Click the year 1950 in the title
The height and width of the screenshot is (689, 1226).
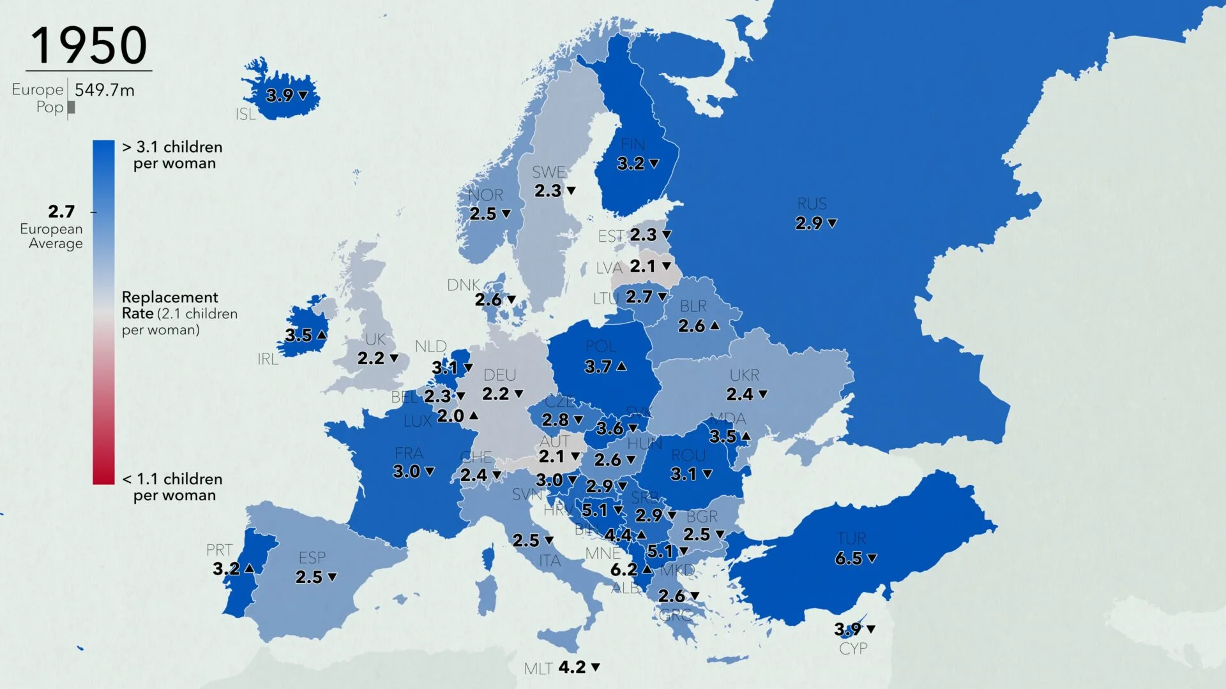click(x=89, y=45)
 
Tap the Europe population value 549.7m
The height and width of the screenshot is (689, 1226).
click(x=104, y=90)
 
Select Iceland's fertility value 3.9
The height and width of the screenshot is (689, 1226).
click(x=279, y=96)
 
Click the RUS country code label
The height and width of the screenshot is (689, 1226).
click(x=812, y=204)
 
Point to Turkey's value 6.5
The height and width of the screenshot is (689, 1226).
click(x=848, y=559)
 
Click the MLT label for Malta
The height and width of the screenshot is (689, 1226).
click(x=538, y=669)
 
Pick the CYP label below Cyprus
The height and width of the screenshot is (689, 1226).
click(x=853, y=649)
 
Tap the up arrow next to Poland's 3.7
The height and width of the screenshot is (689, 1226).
click(x=621, y=366)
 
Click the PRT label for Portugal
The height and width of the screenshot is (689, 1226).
click(x=219, y=550)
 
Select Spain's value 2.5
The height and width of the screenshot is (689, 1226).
click(x=308, y=577)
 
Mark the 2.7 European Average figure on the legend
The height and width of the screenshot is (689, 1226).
click(x=61, y=211)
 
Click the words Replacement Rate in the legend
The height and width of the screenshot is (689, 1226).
click(x=170, y=305)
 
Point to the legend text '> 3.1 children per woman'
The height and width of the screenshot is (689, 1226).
click(x=172, y=155)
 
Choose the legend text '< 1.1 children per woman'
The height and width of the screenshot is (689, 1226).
click(x=172, y=487)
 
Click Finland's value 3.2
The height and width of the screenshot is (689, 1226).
click(x=630, y=164)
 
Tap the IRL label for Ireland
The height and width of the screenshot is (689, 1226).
click(x=268, y=359)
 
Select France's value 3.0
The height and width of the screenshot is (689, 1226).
click(x=406, y=472)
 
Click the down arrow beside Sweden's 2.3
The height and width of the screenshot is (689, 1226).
click(x=571, y=191)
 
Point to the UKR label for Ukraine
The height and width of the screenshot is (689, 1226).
click(x=745, y=375)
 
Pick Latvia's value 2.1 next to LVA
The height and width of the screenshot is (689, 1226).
click(x=642, y=266)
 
